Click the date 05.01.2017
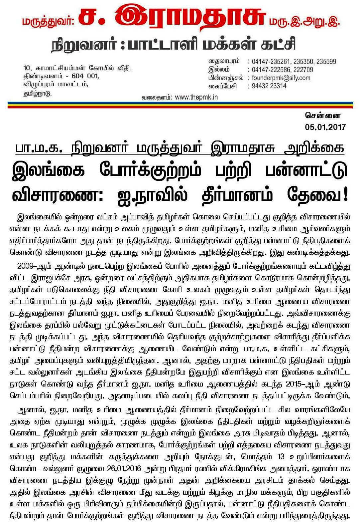coord(325,127)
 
